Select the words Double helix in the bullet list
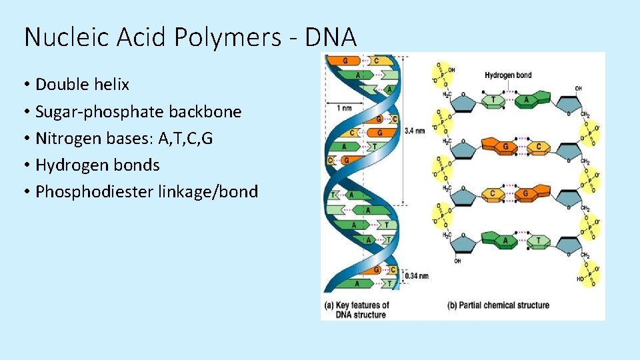point(82,85)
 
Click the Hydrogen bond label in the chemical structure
point(508,75)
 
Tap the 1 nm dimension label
point(345,108)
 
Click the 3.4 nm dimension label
point(414,131)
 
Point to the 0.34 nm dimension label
point(417,275)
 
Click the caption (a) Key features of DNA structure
point(356,310)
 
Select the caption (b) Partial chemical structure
point(498,305)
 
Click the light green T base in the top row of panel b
point(494,100)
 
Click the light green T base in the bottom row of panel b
point(537,240)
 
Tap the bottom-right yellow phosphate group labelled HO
point(589,274)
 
